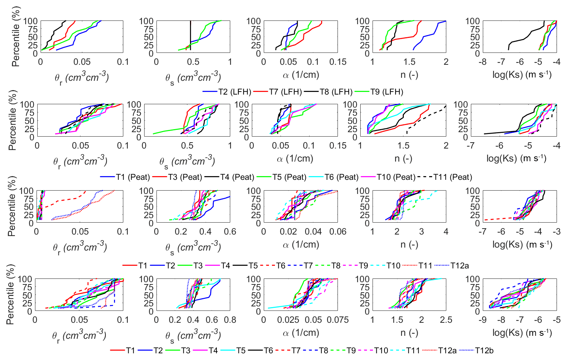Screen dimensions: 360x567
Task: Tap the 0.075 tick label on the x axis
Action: pyautogui.click(x=338, y=320)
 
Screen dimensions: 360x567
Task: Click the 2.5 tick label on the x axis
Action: pyautogui.click(x=446, y=320)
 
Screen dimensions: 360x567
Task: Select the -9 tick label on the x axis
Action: pyautogui.click(x=483, y=320)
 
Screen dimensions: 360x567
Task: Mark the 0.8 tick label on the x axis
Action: pyautogui.click(x=230, y=320)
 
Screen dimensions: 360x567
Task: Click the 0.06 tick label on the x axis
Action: pyautogui.click(x=338, y=232)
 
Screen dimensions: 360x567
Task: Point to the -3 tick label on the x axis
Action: pyautogui.click(x=557, y=232)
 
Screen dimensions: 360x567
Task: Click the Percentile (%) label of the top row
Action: pyautogui.click(x=16, y=36)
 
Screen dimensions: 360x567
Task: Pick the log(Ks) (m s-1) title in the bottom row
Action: pyautogui.click(x=522, y=332)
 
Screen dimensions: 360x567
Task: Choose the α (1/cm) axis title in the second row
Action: pyautogui.click(x=295, y=159)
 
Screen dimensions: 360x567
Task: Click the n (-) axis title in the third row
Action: pyautogui.click(x=409, y=245)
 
